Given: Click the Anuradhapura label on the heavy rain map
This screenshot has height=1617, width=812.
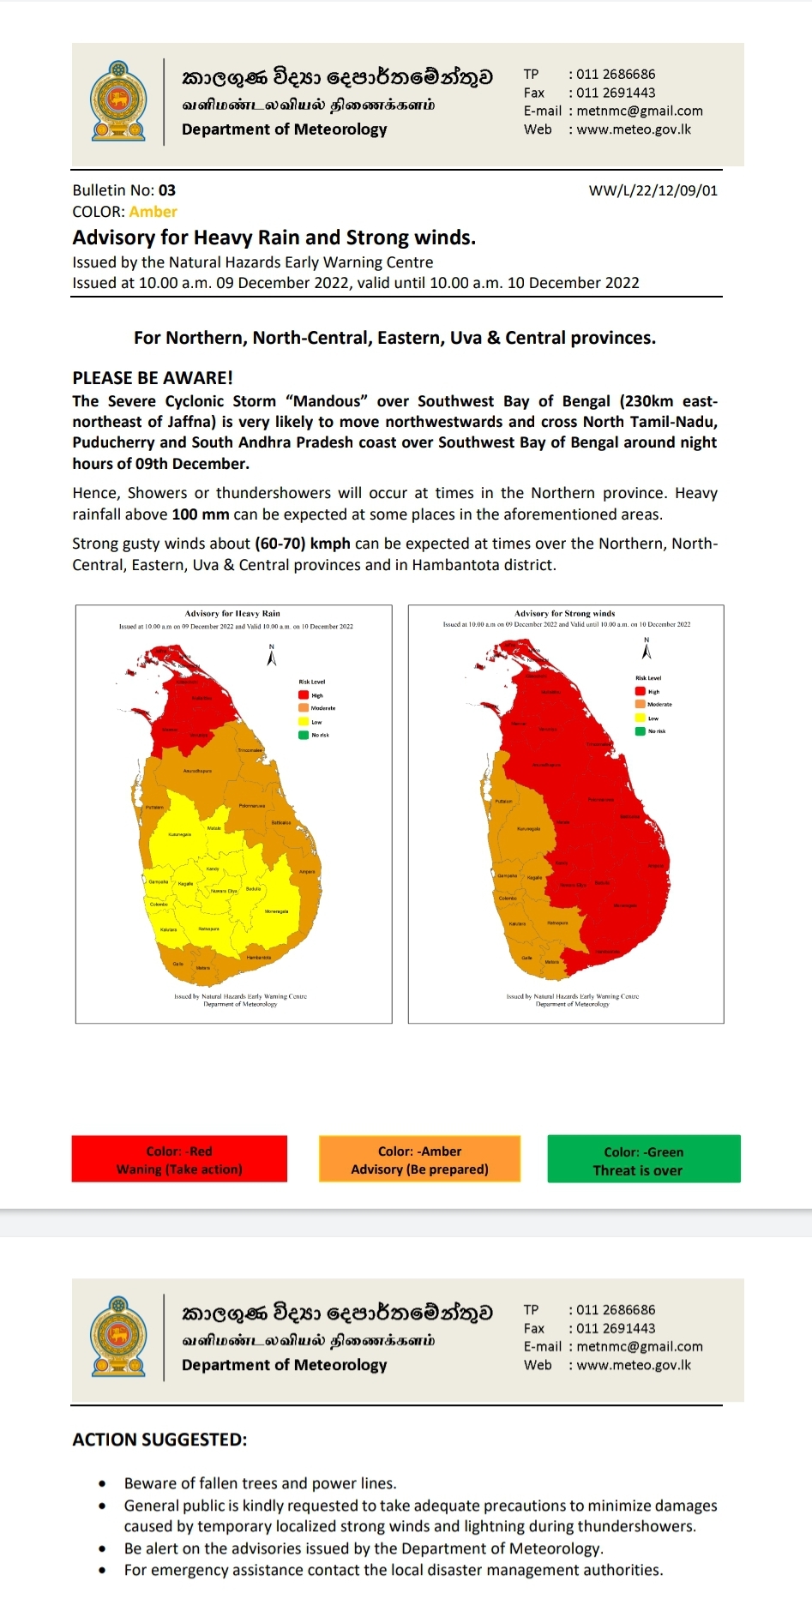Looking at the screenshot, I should [x=197, y=771].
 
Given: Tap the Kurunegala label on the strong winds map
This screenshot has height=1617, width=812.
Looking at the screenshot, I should [x=528, y=829].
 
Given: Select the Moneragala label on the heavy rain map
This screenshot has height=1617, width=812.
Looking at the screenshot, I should [x=276, y=911].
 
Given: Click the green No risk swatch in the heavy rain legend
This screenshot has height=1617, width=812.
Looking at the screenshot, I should [x=304, y=735].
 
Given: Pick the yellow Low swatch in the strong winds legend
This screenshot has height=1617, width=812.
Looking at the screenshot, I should [x=640, y=718].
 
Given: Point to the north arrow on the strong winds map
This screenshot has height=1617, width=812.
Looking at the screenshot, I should [x=647, y=650].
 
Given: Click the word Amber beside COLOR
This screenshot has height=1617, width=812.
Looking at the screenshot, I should [x=153, y=212].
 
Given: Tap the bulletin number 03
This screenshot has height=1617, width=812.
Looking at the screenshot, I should [x=166, y=190].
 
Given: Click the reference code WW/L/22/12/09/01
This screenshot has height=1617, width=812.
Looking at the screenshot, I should [x=653, y=190].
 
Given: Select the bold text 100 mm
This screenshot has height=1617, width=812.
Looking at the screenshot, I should [x=201, y=514].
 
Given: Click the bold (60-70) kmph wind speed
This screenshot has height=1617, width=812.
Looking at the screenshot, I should [x=302, y=544].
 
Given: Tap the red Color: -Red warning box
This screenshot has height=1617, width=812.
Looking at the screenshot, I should [x=179, y=1160].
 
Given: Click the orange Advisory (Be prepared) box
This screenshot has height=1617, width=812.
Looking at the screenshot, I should [x=419, y=1160].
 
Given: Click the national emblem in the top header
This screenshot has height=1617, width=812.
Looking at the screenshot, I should [x=118, y=101].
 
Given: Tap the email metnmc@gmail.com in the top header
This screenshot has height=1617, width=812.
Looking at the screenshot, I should [x=639, y=111].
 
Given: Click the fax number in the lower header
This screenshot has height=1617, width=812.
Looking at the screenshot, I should [x=615, y=1328].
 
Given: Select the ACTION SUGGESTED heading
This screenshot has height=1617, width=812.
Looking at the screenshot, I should [x=159, y=1440].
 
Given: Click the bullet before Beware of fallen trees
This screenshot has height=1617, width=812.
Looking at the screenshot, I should [x=103, y=1483].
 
